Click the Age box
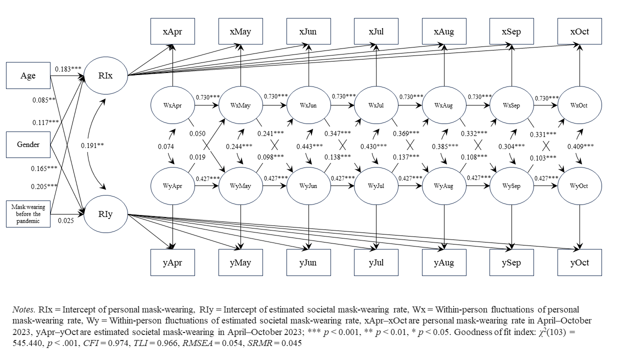point(28,75)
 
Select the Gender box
point(28,145)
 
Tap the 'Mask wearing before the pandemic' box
point(28,214)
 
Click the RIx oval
point(105,75)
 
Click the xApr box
point(172,31)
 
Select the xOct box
point(579,31)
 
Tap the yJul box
point(376,262)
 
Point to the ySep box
point(511,262)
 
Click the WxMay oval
point(240,106)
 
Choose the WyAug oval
point(444,186)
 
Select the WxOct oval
point(579,106)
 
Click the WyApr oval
point(172,186)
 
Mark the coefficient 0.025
point(65,220)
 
